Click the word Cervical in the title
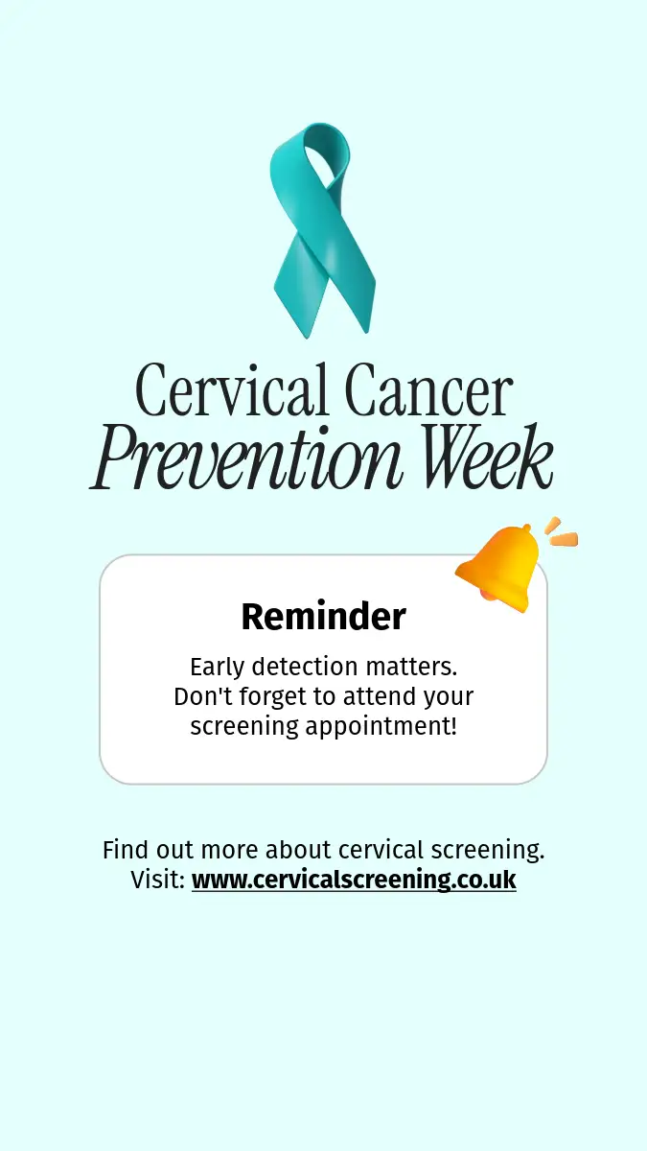click(x=232, y=390)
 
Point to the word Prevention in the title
click(x=246, y=457)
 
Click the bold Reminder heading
click(x=324, y=616)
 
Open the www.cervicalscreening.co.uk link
click(x=354, y=880)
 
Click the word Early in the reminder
click(x=217, y=668)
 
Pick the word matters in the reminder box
click(x=411, y=668)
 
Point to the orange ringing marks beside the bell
click(x=562, y=531)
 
